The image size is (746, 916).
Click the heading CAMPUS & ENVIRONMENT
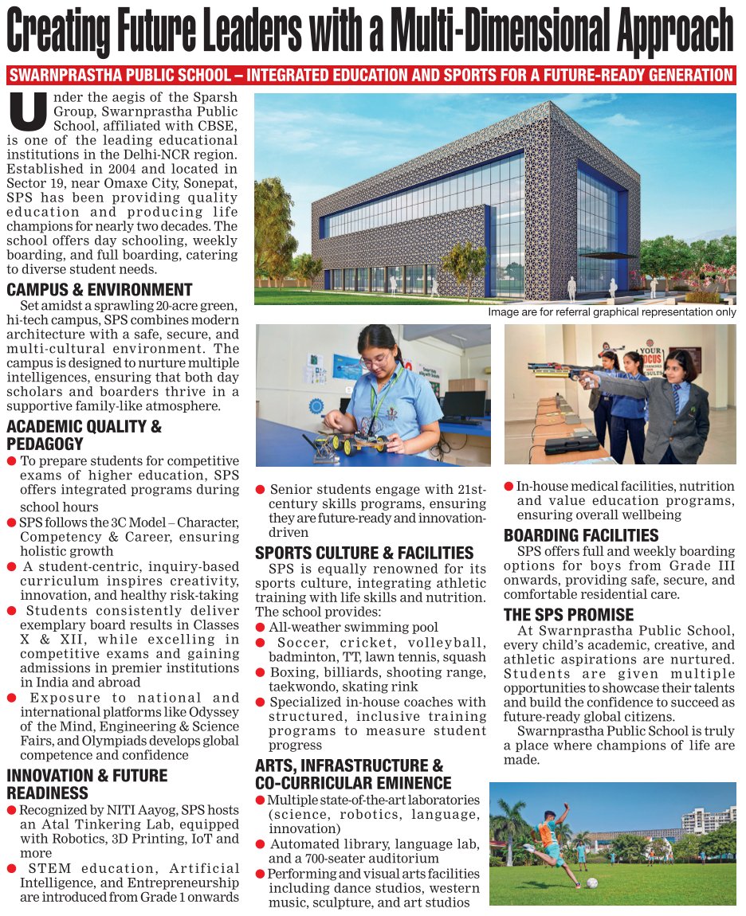pyautogui.click(x=100, y=290)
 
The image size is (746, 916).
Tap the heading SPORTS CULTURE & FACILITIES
pyautogui.click(x=364, y=553)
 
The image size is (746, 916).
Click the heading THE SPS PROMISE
pyautogui.click(x=569, y=615)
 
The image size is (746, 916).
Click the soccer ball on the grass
pyautogui.click(x=593, y=883)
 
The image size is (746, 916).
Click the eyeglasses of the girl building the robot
pyautogui.click(x=375, y=360)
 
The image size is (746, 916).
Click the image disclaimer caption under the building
pyautogui.click(x=612, y=312)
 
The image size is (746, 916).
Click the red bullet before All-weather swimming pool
pyautogui.click(x=260, y=628)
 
